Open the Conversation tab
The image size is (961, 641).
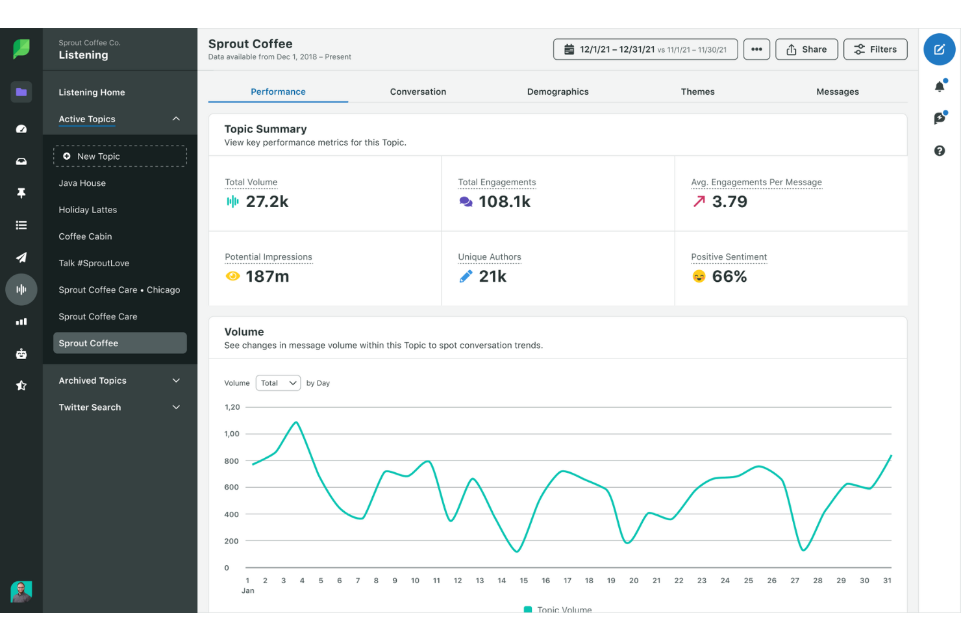pos(418,92)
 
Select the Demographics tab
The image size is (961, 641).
pos(558,92)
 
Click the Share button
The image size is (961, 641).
pos(806,49)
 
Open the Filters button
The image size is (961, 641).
pos(875,49)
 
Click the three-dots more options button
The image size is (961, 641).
pos(756,49)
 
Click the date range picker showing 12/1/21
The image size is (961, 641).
pos(645,49)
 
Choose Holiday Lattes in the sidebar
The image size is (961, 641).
pos(88,210)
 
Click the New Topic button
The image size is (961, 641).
pos(119,157)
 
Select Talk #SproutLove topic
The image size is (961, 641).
pos(94,263)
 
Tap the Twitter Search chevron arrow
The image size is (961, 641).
pos(176,407)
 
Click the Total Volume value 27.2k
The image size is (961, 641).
pos(267,202)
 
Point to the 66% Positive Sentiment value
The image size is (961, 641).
pos(729,277)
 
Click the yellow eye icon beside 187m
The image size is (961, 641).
pos(232,277)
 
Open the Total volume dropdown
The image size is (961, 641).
pos(278,383)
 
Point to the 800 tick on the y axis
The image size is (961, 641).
pos(231,461)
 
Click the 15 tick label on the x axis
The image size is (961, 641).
pos(523,581)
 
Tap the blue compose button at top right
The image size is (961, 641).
pos(939,49)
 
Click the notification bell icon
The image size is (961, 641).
pos(939,86)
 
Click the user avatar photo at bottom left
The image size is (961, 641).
pos(21,591)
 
